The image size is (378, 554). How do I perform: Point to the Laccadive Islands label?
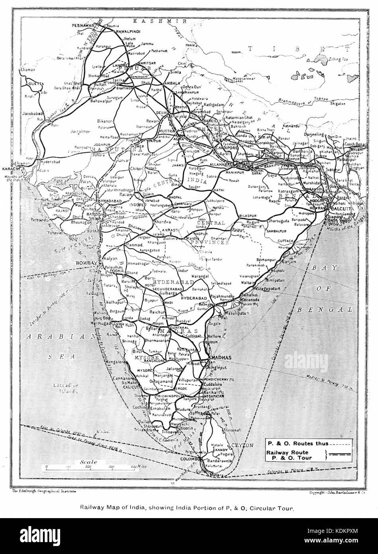point(69,389)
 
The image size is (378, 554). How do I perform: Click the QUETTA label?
point(35,84)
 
